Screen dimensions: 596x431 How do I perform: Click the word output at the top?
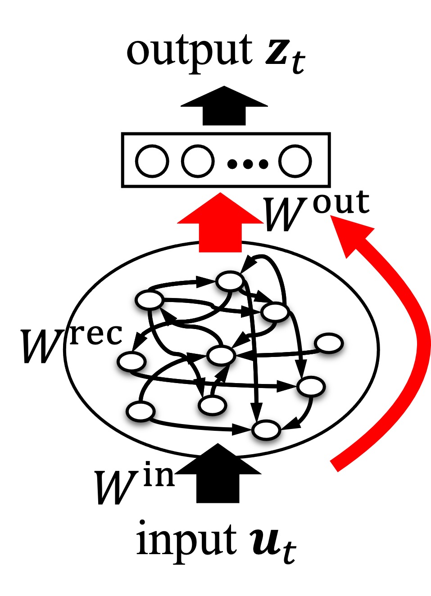[x=189, y=52]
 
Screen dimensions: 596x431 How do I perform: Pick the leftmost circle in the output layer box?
[x=152, y=161]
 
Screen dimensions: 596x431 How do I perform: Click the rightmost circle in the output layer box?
[x=295, y=161]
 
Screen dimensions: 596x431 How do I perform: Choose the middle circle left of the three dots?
[x=198, y=161]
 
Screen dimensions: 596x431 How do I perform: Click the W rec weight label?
[x=70, y=344]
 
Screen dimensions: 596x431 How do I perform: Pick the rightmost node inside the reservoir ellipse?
[x=329, y=343]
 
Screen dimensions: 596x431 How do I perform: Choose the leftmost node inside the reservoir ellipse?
[x=132, y=361]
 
